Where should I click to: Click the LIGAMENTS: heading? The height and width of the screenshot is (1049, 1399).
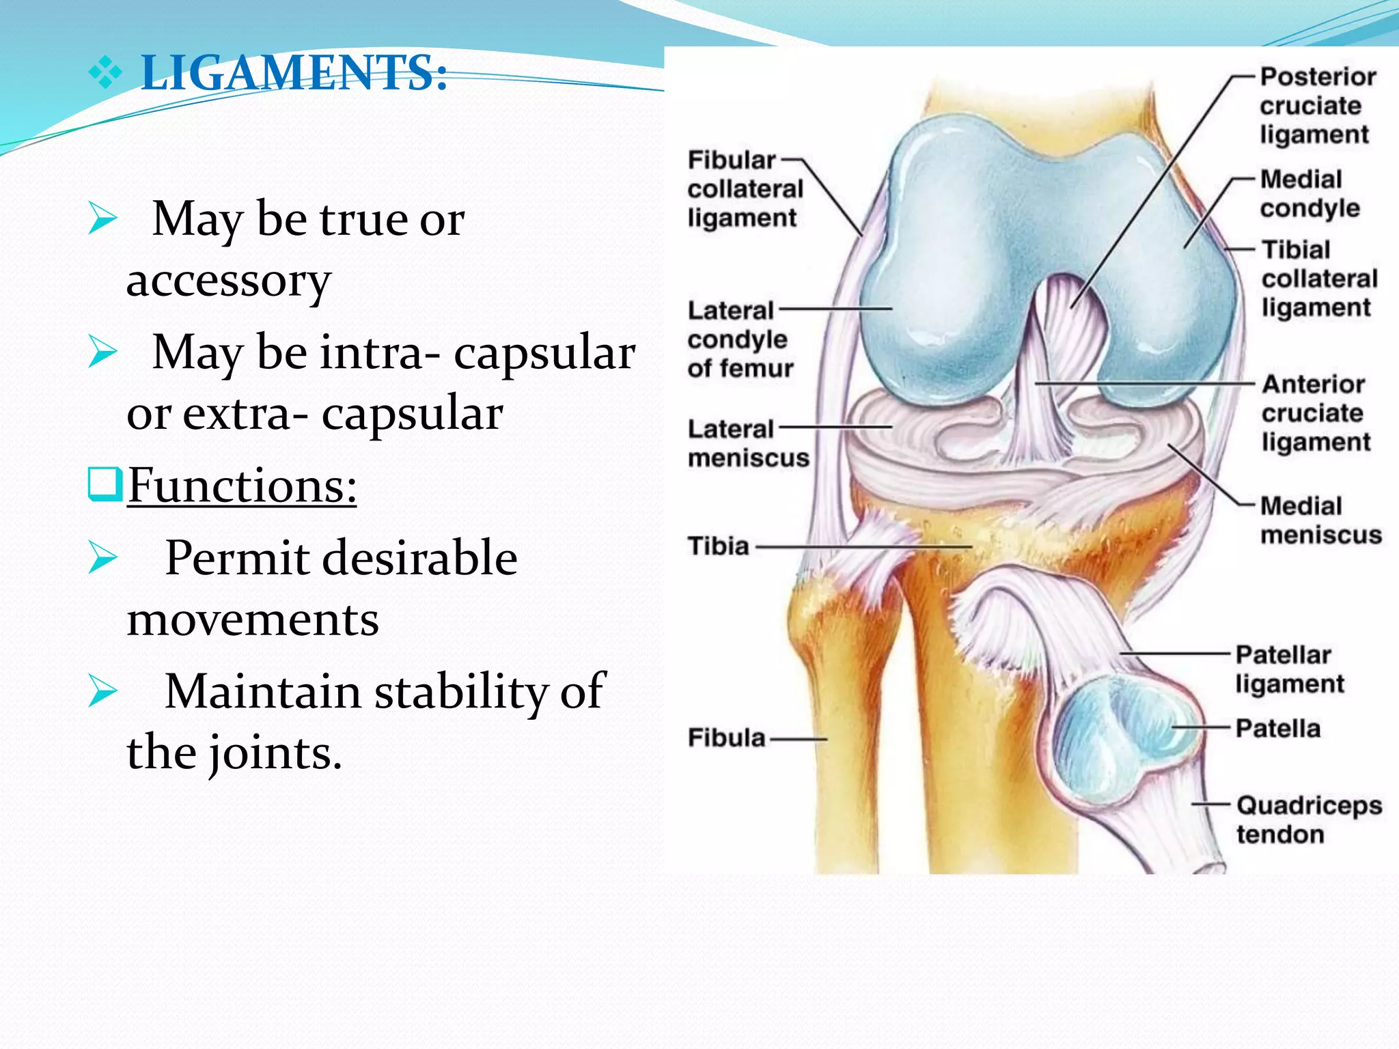(294, 72)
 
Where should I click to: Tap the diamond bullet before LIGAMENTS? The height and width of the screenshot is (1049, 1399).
(105, 73)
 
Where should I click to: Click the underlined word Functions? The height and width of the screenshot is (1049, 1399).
(242, 486)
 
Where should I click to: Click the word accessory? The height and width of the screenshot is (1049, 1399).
(229, 280)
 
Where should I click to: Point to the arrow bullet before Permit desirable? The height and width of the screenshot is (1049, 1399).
(103, 558)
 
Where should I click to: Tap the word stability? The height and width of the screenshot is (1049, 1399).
(461, 691)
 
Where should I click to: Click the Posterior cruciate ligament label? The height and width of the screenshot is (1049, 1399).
(1316, 105)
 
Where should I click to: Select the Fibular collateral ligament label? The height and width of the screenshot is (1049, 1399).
(744, 188)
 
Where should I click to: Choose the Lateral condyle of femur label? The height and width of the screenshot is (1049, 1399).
(740, 339)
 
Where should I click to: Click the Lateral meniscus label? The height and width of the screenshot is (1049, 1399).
(747, 443)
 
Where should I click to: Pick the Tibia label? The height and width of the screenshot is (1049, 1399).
(719, 546)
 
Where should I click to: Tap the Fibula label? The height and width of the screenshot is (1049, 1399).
(726, 738)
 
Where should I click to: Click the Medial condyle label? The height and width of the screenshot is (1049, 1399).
(1309, 193)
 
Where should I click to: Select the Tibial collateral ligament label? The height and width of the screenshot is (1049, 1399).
(1318, 279)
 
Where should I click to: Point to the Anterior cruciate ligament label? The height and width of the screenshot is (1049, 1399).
(1315, 413)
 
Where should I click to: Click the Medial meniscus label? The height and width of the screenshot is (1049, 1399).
(1320, 520)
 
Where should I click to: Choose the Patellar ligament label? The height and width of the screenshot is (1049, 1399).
(1288, 669)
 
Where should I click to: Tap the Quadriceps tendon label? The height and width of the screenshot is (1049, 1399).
(1307, 820)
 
